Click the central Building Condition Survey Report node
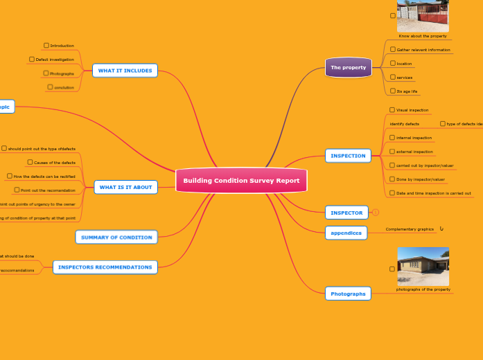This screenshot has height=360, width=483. [241, 181]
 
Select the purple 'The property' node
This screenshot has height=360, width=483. [349, 67]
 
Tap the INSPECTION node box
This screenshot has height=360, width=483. [348, 156]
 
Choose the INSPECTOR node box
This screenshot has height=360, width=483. [346, 213]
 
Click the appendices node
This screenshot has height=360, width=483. [346, 233]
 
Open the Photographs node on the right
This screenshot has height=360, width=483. [348, 294]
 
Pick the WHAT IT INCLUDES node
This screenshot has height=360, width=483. [125, 71]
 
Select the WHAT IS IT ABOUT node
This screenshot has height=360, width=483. [125, 187]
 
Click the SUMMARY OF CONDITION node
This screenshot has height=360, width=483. [116, 237]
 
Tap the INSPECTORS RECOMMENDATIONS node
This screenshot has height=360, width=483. [105, 267]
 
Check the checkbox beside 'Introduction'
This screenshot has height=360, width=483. [46, 46]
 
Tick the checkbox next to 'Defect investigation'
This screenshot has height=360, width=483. [32, 60]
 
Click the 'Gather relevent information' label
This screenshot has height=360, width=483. [423, 50]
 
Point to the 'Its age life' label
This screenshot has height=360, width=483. [407, 91]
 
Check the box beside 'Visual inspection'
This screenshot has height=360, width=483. [392, 110]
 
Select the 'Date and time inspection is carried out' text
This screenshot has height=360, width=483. [434, 193]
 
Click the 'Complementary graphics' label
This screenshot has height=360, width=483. [410, 229]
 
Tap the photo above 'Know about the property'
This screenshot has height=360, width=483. [423, 15]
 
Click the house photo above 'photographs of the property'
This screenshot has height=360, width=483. [423, 267]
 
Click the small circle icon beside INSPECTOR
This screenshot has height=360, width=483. [376, 213]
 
